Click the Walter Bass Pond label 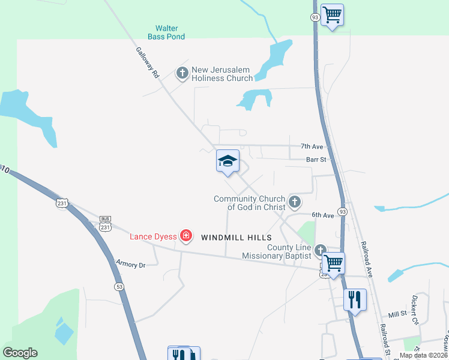(170, 32)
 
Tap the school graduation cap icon (228, 161)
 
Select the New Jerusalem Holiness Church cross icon (182, 74)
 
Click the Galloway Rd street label (147, 63)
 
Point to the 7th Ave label (312, 146)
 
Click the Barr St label (316, 160)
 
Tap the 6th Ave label (322, 215)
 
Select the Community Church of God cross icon (294, 203)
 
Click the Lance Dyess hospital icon (186, 236)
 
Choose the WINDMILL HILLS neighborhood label (232, 238)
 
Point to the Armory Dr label (131, 265)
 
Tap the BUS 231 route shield (106, 224)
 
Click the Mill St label (397, 314)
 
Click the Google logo (20, 353)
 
